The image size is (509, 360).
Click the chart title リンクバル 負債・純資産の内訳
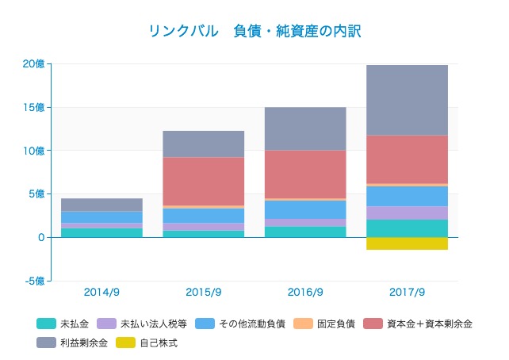click(x=254, y=31)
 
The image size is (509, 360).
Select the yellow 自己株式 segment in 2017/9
click(x=407, y=243)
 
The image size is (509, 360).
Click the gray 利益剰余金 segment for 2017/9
click(x=407, y=100)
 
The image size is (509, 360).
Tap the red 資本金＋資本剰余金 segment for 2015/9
click(x=203, y=182)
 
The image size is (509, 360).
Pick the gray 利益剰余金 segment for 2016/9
click(x=305, y=128)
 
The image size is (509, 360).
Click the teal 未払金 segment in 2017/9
click(x=407, y=228)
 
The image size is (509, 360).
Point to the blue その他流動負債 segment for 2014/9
click(x=101, y=217)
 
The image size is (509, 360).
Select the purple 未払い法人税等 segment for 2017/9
click(x=407, y=213)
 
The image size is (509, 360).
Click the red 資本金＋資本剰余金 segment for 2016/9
click(x=305, y=174)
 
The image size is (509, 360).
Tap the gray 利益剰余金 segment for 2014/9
click(x=101, y=205)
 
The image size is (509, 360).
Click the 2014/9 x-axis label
click(x=101, y=292)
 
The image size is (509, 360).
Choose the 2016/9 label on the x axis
click(x=305, y=292)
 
